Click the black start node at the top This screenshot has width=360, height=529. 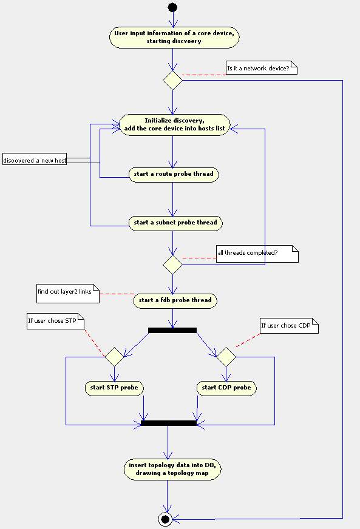point(172,7)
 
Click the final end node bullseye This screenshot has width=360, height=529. point(165,519)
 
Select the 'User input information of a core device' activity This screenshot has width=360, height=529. point(174,37)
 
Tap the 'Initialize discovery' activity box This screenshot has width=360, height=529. point(175,125)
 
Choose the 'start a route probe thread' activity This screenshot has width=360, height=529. point(174,175)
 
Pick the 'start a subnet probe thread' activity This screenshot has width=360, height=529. point(175,223)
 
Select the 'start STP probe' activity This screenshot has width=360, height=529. point(114,388)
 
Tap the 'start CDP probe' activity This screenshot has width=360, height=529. point(226,388)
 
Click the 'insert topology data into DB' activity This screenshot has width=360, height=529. point(172,470)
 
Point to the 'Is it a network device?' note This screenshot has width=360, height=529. point(262,68)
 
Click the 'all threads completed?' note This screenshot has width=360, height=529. point(257,254)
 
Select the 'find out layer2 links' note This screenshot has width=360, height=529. point(68,294)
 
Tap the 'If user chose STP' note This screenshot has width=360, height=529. point(55,321)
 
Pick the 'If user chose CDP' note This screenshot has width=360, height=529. point(289,326)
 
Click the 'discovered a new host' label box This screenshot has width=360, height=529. point(35,160)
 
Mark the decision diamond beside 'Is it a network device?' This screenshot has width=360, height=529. point(172,80)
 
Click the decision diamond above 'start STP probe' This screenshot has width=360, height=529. point(114,357)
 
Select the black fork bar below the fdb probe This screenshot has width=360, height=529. point(172,330)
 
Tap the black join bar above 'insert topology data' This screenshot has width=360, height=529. point(169,423)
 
